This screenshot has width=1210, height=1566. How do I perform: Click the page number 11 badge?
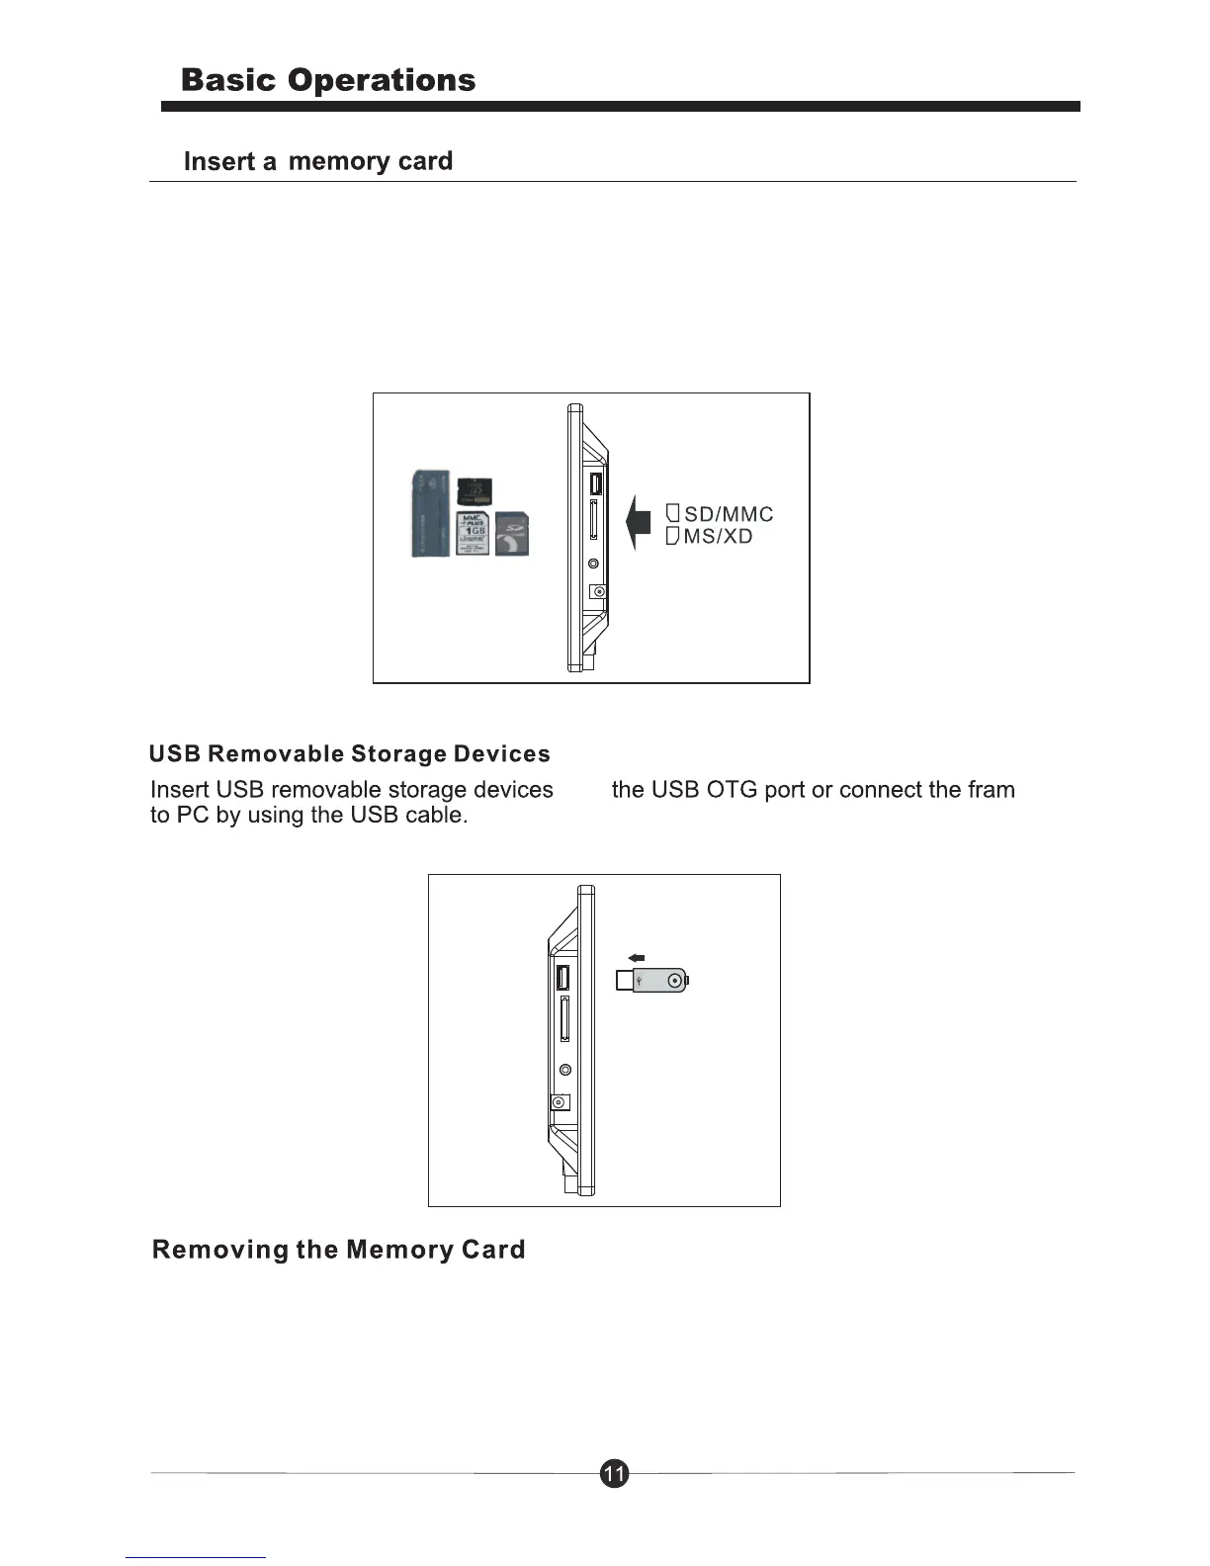click(x=614, y=1474)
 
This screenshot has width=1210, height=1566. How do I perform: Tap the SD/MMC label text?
click(x=729, y=514)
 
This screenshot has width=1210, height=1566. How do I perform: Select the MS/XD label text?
click(x=719, y=537)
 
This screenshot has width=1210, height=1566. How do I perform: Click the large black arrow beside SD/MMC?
click(x=639, y=521)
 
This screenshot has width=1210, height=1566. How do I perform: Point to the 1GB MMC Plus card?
click(x=473, y=534)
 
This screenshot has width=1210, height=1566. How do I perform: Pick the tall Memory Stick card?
click(x=429, y=514)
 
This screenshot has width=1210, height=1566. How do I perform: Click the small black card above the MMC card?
click(x=475, y=491)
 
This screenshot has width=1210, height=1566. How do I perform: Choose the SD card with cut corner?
click(x=511, y=534)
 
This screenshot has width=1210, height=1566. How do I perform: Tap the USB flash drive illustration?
click(x=650, y=981)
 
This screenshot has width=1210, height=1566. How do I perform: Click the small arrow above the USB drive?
click(x=637, y=956)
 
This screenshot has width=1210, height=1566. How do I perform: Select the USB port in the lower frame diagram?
click(x=562, y=979)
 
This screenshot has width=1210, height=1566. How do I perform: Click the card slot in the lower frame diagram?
click(x=563, y=1019)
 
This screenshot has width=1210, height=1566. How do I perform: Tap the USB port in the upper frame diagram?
click(x=595, y=484)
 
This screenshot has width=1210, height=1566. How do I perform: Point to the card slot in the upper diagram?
click(x=594, y=520)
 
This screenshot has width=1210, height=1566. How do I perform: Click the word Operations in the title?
click(x=382, y=80)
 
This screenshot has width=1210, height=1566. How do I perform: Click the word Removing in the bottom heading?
click(x=219, y=1250)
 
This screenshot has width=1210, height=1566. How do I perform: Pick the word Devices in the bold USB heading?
click(x=501, y=754)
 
